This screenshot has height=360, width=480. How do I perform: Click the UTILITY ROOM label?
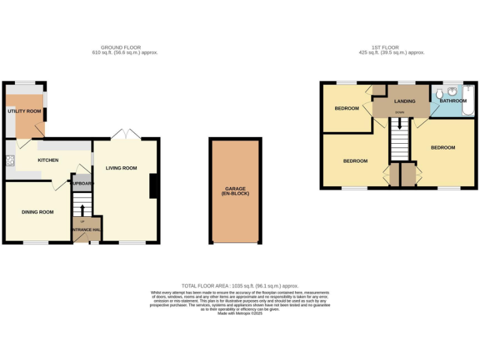tap(24, 111)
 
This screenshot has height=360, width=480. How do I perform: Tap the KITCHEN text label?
tap(48, 161)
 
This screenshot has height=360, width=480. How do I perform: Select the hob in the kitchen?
tap(10, 161)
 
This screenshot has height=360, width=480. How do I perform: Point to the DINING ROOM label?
tap(37, 212)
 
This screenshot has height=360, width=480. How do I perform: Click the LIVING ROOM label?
tap(121, 168)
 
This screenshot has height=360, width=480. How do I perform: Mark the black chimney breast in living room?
tap(152, 186)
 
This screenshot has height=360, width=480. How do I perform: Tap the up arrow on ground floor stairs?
tap(82, 208)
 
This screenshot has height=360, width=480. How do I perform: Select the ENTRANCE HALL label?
tap(86, 230)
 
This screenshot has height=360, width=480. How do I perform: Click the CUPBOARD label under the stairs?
tap(82, 184)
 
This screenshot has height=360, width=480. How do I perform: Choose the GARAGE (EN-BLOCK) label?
tap(236, 191)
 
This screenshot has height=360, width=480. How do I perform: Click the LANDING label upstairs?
tap(404, 101)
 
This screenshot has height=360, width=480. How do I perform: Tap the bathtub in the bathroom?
tap(467, 101)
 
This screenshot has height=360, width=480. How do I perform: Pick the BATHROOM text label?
tap(452, 101)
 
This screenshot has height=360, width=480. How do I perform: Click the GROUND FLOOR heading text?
tap(121, 47)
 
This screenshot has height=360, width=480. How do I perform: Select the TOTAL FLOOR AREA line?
tap(240, 286)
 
